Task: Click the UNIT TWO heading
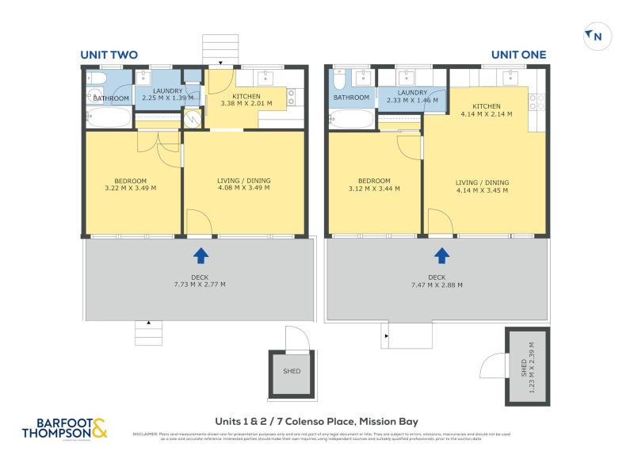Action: click(x=109, y=55)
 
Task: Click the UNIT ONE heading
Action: click(x=518, y=55)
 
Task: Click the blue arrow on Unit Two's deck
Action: click(x=201, y=255)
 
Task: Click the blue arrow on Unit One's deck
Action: click(x=441, y=255)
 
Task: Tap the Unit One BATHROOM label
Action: click(x=351, y=98)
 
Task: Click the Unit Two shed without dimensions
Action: click(x=292, y=371)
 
